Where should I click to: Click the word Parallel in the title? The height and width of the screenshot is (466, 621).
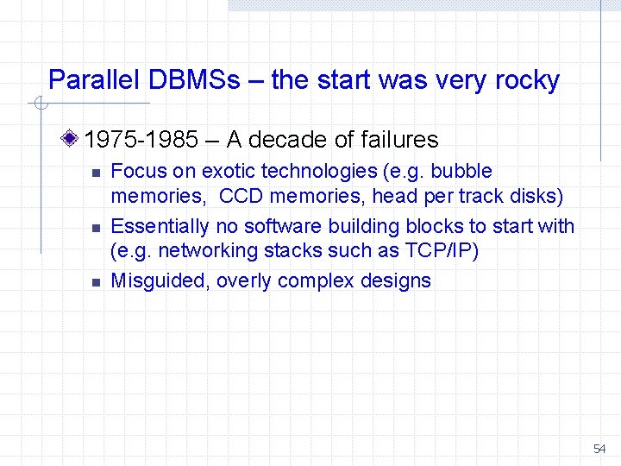[95, 81]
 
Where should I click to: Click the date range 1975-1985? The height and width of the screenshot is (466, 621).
[140, 140]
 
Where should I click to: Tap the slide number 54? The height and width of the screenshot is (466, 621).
[599, 450]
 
